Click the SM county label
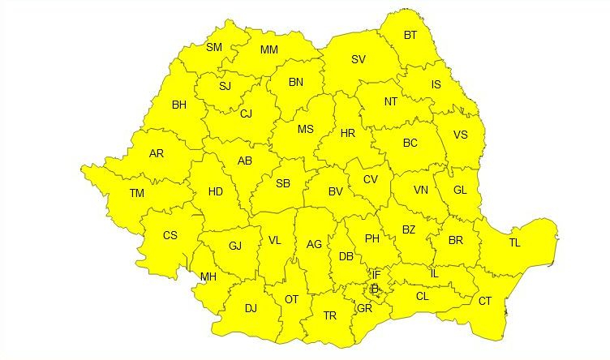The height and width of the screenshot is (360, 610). pyautogui.click(x=214, y=47)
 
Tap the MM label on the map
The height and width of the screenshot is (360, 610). pyautogui.click(x=270, y=50)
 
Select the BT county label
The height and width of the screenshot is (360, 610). pyautogui.click(x=410, y=35)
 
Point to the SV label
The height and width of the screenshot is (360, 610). pyautogui.click(x=359, y=59)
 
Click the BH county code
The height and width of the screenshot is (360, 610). pyautogui.click(x=179, y=104)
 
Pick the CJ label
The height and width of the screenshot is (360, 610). pyautogui.click(x=246, y=114)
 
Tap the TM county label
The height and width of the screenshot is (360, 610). pyautogui.click(x=136, y=192)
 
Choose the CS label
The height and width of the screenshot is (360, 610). pyautogui.click(x=170, y=235)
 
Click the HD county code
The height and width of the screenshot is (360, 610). pyautogui.click(x=215, y=192)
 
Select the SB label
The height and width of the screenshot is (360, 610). pyautogui.click(x=283, y=183)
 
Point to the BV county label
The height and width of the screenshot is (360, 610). pyautogui.click(x=335, y=192)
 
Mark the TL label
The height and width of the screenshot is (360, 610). pyautogui.click(x=515, y=243)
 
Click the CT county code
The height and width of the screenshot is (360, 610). pyautogui.click(x=485, y=301)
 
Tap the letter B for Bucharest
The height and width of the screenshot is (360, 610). pyautogui.click(x=375, y=288)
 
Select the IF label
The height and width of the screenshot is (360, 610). pyautogui.click(x=376, y=275)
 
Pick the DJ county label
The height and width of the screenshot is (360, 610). pyautogui.click(x=251, y=307)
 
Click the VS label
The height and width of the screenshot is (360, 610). pyautogui.click(x=460, y=135)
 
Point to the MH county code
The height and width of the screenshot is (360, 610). pyautogui.click(x=208, y=276)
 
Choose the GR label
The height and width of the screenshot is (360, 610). pyautogui.click(x=364, y=307)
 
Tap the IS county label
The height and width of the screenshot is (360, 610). pyautogui.click(x=436, y=84)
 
